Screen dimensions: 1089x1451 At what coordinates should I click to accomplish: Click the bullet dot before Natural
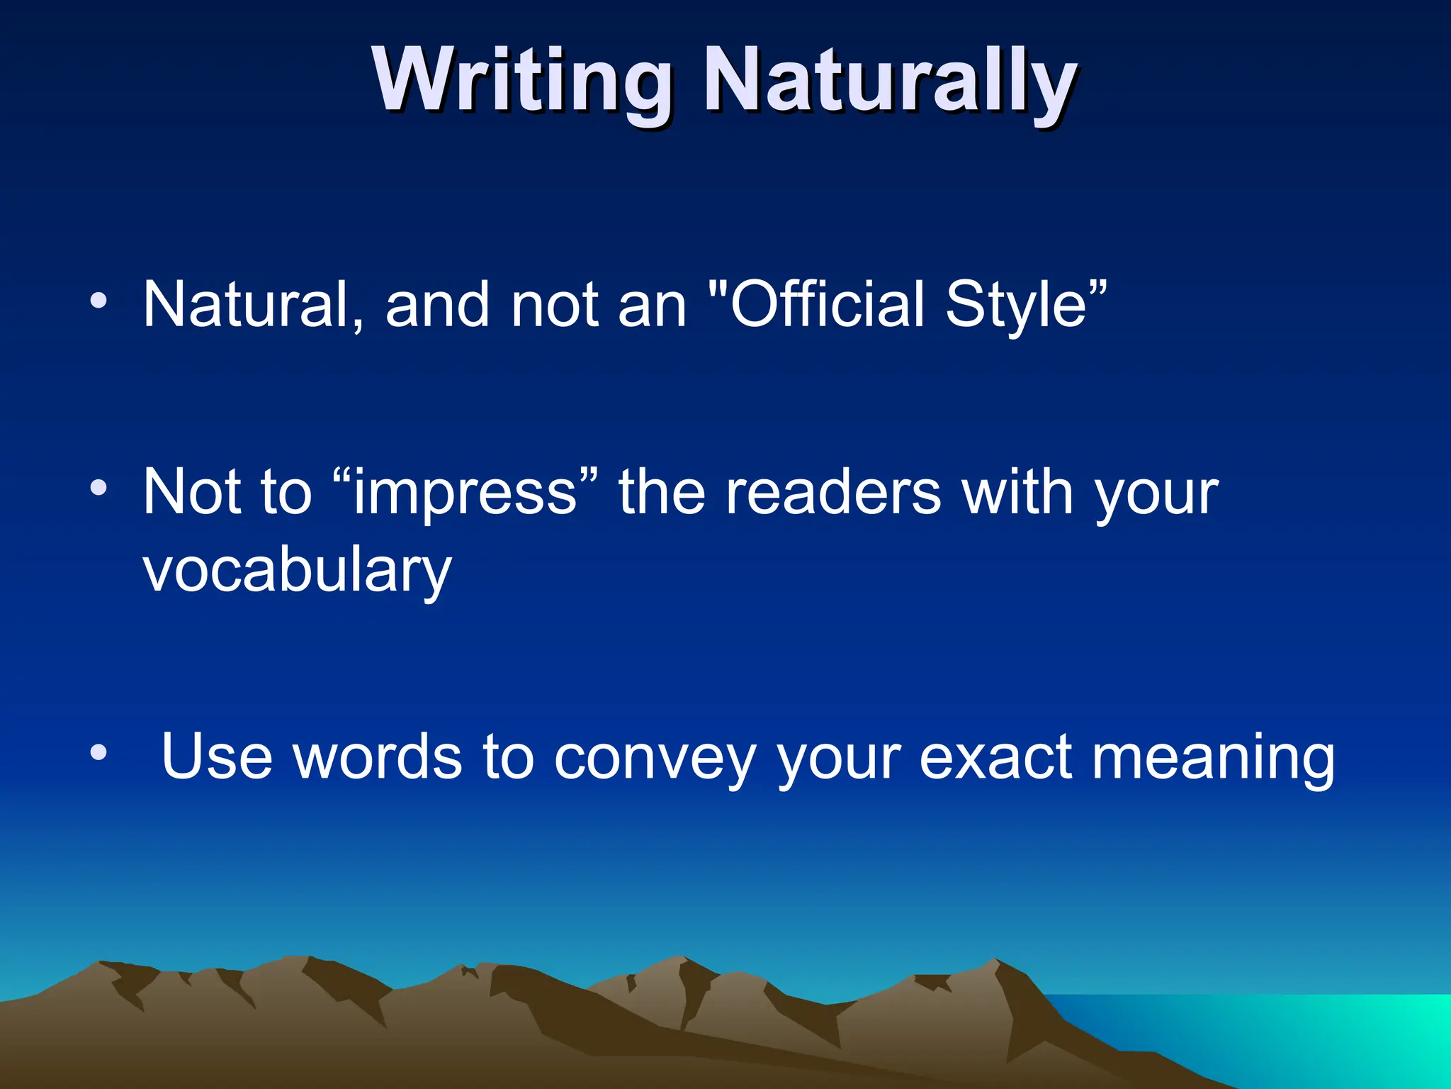click(98, 301)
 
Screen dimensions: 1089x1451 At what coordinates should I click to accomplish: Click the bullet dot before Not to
click(98, 488)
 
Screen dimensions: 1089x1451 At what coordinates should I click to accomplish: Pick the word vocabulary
click(297, 570)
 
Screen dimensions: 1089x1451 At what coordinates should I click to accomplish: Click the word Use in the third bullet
click(217, 757)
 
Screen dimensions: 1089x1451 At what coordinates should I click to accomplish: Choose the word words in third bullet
click(378, 757)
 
